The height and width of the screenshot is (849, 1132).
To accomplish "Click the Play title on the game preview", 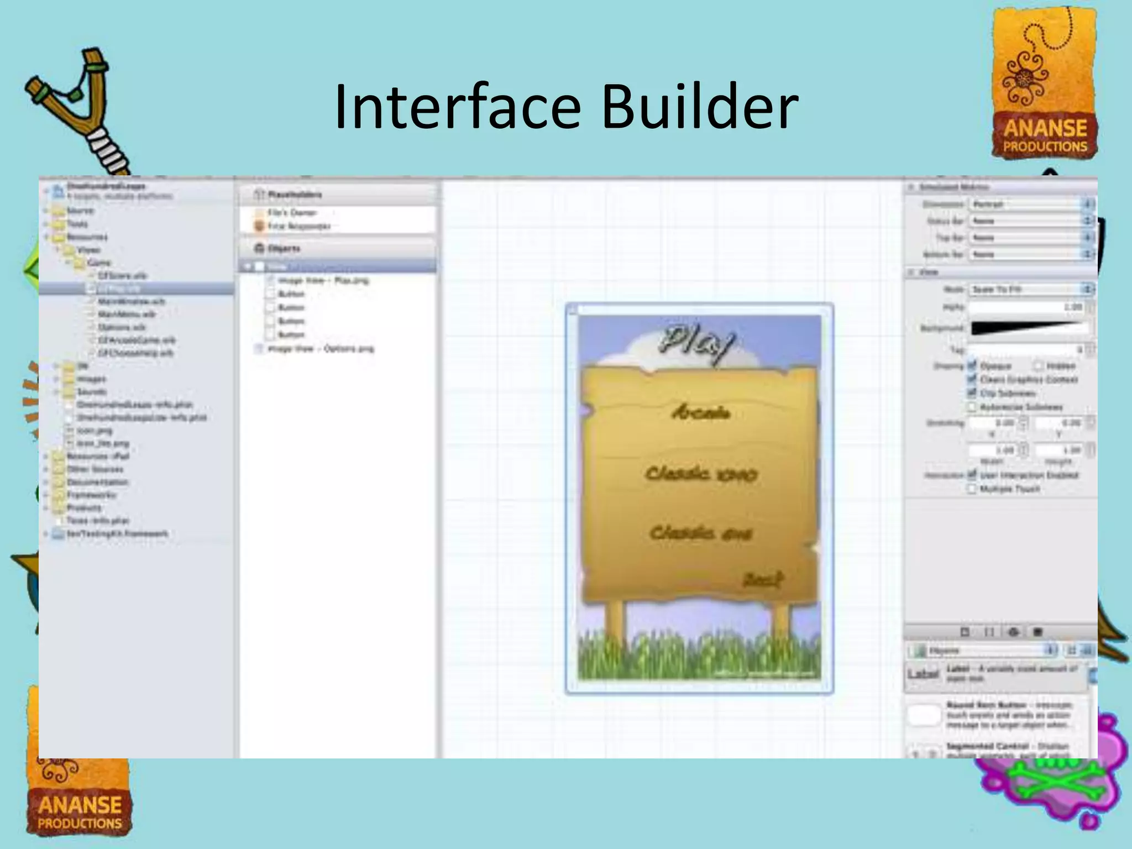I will (x=698, y=343).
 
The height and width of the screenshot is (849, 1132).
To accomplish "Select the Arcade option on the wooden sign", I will (x=701, y=412).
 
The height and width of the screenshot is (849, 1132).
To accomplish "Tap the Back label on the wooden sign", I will (x=763, y=580).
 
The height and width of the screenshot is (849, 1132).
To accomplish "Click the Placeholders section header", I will (x=294, y=195).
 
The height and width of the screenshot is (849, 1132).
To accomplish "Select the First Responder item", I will (x=299, y=226).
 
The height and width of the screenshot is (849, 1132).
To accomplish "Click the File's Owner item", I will (x=292, y=212).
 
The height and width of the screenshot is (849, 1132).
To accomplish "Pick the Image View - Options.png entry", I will (x=320, y=349).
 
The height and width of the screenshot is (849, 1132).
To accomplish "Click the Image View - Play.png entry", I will (x=323, y=281).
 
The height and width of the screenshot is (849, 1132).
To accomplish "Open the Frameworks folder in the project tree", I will (x=91, y=495).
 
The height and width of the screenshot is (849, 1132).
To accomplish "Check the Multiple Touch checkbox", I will (x=972, y=489).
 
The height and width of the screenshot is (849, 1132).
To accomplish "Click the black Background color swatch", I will (x=1028, y=328).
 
